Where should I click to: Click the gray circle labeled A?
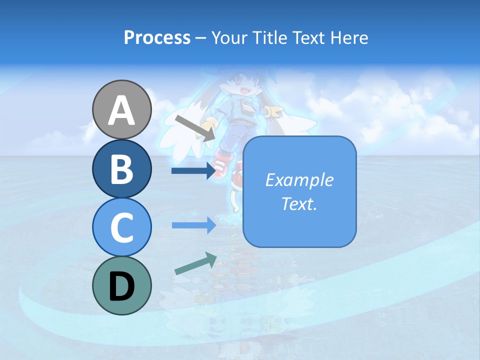click(121, 110)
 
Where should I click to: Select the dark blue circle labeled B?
click(121, 168)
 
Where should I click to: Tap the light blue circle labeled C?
click(121, 227)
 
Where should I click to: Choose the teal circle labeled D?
click(121, 285)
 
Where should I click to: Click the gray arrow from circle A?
click(195, 127)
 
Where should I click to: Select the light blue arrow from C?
click(193, 225)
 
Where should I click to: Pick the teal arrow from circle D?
click(195, 263)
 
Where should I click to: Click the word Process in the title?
click(157, 38)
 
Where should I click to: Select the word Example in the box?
click(299, 180)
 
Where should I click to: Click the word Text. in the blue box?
click(299, 204)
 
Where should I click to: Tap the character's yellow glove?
click(273, 113)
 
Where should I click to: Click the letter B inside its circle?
click(121, 169)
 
